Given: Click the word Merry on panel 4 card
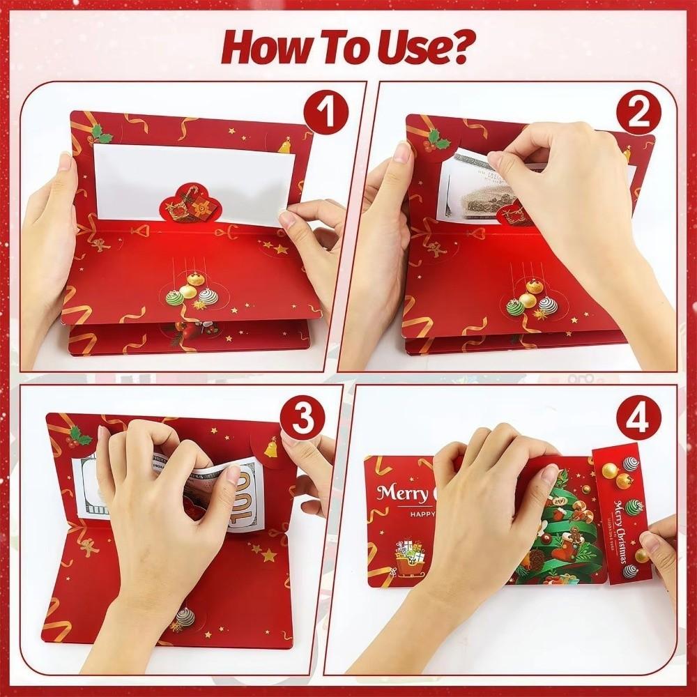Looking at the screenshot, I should (401, 494).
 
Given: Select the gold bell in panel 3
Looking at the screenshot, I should (270, 447).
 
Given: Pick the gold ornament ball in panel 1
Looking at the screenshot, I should (188, 290).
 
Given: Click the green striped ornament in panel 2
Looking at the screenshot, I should (514, 307).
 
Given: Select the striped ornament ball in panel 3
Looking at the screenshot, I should (185, 617).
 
